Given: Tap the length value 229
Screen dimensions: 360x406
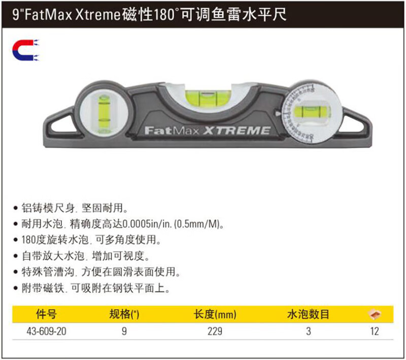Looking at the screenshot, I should tap(215, 333).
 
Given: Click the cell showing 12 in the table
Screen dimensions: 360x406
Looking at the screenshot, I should tap(374, 333).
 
